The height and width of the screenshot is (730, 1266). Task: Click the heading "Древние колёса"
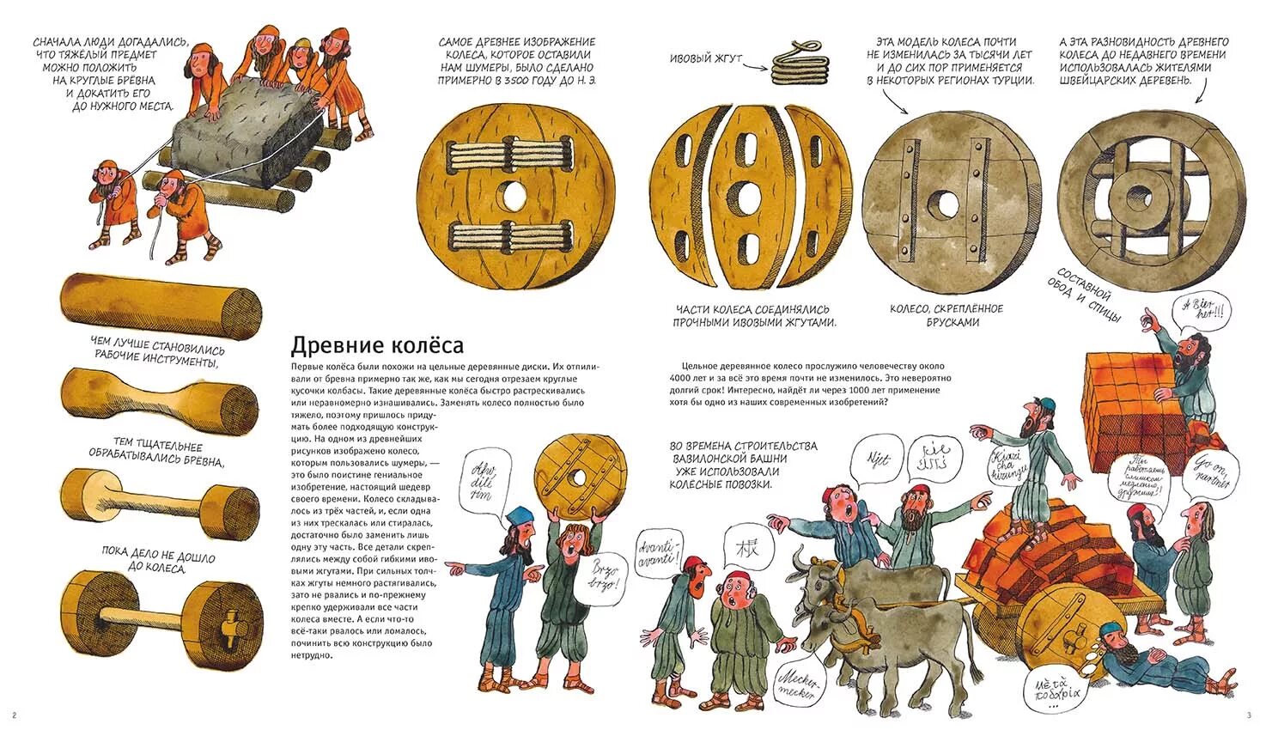point(377,345)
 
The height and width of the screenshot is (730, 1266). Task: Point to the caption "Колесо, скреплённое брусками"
point(946,315)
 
